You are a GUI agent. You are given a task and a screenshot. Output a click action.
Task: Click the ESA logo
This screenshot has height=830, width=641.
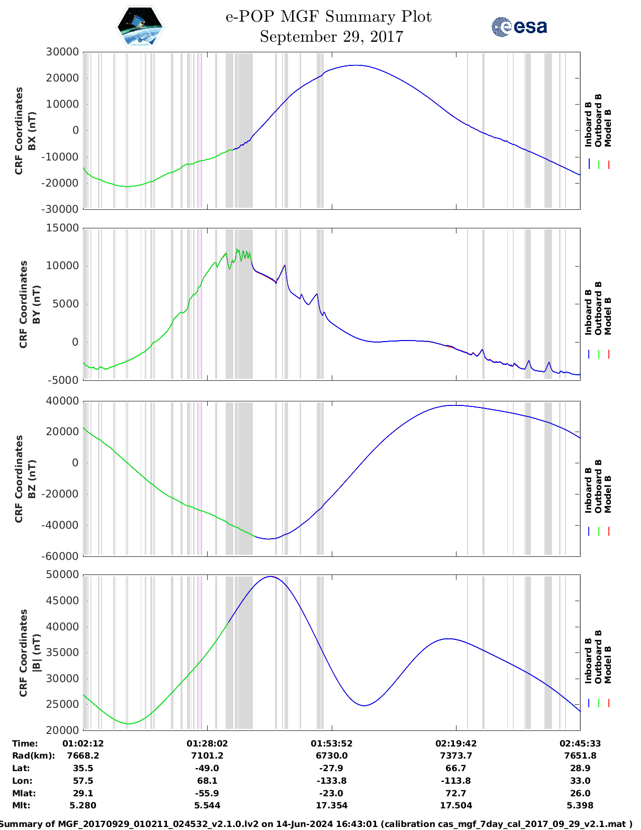tap(519, 27)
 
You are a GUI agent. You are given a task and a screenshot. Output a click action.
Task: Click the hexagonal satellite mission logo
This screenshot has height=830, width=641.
tap(140, 27)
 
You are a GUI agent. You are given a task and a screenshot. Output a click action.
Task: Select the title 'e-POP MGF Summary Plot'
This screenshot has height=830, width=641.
tap(328, 17)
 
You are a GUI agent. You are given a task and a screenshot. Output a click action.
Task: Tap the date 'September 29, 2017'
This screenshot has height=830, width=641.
tap(331, 37)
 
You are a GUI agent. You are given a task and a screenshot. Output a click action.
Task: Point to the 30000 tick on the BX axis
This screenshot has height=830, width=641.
tap(62, 52)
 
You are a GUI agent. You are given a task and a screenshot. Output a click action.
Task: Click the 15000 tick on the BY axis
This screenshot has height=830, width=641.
tap(62, 228)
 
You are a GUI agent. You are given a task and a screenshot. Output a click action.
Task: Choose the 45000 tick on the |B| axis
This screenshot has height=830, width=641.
tap(62, 600)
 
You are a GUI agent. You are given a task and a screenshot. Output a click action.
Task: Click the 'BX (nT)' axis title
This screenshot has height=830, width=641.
tap(32, 131)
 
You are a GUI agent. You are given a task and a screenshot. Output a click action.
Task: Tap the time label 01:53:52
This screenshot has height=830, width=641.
tap(331, 743)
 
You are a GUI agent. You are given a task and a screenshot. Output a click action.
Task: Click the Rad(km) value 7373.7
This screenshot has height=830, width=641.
tap(455, 756)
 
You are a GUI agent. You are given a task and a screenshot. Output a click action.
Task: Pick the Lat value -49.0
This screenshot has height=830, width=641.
tap(207, 768)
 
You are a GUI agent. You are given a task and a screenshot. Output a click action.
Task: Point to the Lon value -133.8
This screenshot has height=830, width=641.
tap(331, 781)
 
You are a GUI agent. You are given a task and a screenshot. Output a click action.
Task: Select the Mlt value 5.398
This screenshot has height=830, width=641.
tap(580, 805)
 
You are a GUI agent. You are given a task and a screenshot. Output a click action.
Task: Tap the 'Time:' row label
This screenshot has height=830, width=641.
tap(25, 743)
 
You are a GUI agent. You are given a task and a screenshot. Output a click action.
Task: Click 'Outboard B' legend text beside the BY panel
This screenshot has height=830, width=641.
tap(598, 308)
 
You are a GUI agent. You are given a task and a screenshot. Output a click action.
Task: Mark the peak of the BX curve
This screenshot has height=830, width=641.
tap(356, 65)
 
